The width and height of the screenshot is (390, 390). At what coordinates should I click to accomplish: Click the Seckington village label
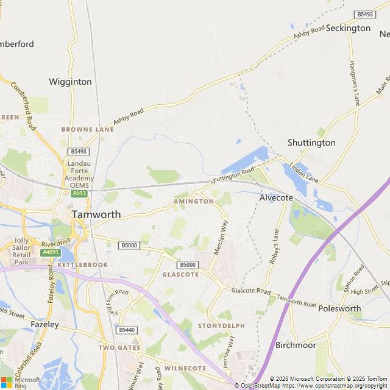click(348, 28)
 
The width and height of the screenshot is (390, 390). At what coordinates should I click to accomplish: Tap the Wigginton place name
click(70, 82)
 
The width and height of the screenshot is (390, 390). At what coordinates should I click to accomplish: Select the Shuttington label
click(311, 143)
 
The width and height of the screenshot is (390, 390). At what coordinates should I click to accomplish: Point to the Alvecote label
click(276, 198)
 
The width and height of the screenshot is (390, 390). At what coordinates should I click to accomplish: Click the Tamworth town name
click(96, 214)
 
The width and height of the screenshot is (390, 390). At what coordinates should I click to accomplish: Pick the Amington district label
click(194, 201)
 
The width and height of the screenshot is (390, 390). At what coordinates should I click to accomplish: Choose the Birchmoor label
click(296, 345)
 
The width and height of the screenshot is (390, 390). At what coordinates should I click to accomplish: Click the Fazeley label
click(44, 325)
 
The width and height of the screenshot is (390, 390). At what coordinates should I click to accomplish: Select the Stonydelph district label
click(221, 326)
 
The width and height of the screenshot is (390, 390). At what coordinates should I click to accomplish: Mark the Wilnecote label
click(185, 369)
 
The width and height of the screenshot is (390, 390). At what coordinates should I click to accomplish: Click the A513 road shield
click(79, 193)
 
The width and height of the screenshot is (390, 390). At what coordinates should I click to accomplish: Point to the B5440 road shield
click(126, 330)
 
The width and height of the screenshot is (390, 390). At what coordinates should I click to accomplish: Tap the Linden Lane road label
click(303, 172)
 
